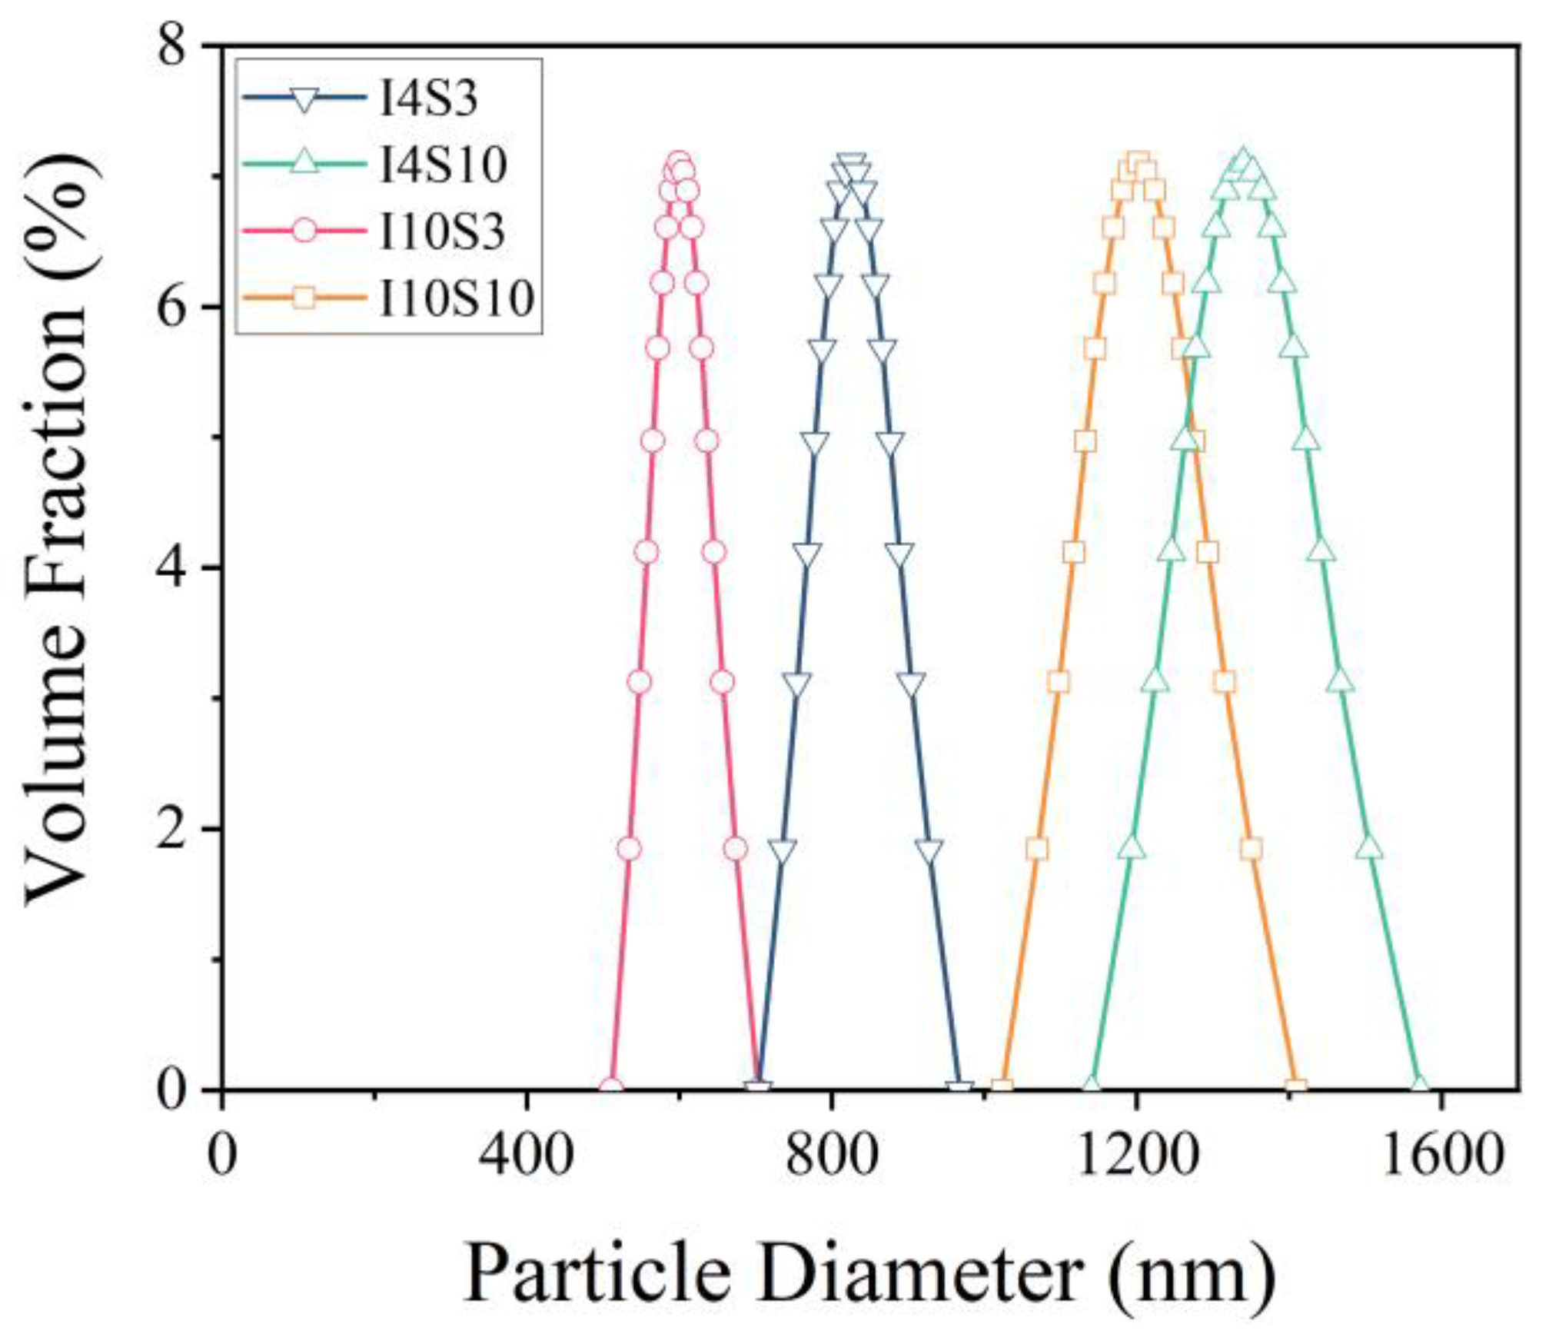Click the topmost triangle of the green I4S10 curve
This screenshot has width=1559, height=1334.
(x=1242, y=161)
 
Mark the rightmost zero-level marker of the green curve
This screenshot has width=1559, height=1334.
(x=1419, y=1086)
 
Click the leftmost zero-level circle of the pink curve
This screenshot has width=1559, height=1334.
(x=611, y=1088)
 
